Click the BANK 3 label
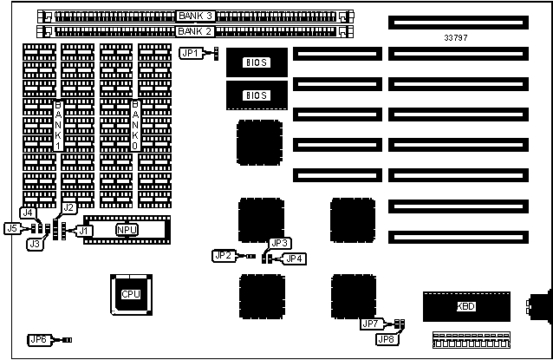(x=197, y=16)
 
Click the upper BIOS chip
(x=257, y=62)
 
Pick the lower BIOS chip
(x=257, y=95)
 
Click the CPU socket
(x=131, y=293)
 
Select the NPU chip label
(x=127, y=230)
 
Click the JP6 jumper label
(x=39, y=340)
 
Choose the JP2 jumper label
(x=224, y=255)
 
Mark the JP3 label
(x=279, y=244)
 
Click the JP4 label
(x=295, y=258)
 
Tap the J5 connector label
(x=12, y=229)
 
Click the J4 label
(x=28, y=213)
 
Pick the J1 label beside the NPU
(x=84, y=230)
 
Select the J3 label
(x=36, y=245)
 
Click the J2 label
(x=69, y=207)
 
